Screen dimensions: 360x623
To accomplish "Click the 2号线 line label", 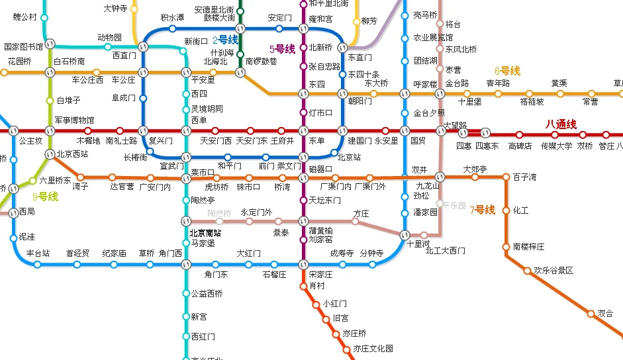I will pos(225,40).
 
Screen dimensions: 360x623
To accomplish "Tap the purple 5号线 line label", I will pos(282,49).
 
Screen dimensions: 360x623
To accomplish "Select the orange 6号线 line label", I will pos(507,71).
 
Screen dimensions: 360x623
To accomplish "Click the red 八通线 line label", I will pos(561,124).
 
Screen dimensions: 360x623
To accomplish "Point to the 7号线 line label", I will pos(482,210).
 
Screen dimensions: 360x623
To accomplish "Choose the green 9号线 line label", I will pos(45,197).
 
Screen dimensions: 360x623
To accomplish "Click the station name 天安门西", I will pos(216,141).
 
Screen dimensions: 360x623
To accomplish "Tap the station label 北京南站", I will pos(205,233).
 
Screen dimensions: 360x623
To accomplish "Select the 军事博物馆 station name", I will pos(74,120).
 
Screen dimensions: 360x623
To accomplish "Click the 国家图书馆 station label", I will pos(23,47).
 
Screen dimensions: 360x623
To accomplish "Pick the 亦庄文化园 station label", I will pos(373,349).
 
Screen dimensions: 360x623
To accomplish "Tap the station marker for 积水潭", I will pos(172,28).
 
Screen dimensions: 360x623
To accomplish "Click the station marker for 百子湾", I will pos(506,177).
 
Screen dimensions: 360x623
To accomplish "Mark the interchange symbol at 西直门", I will pos(142,47).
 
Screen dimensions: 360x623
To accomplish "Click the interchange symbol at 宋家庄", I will pos(303,265).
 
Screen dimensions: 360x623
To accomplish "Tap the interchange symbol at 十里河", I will pos(407,234).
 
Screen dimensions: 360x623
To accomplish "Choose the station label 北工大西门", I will pos(445,251).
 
